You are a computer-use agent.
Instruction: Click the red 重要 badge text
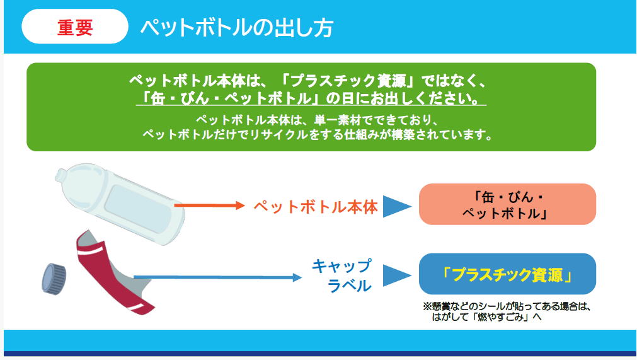point(75,27)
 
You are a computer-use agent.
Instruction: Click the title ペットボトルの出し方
point(237,28)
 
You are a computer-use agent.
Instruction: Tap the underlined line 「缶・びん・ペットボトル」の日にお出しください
point(311,99)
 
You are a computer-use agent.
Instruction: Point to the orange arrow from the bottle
point(209,206)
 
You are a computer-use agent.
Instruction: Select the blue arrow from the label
point(218,277)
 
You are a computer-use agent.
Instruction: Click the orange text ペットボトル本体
point(316,207)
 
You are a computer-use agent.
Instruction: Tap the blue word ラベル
point(350,286)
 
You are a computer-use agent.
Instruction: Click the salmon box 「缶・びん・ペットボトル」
point(507,204)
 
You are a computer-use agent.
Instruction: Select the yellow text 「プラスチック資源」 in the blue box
point(507,275)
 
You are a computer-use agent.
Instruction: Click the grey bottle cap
point(54,279)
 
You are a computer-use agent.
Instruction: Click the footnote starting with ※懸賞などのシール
point(507,311)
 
